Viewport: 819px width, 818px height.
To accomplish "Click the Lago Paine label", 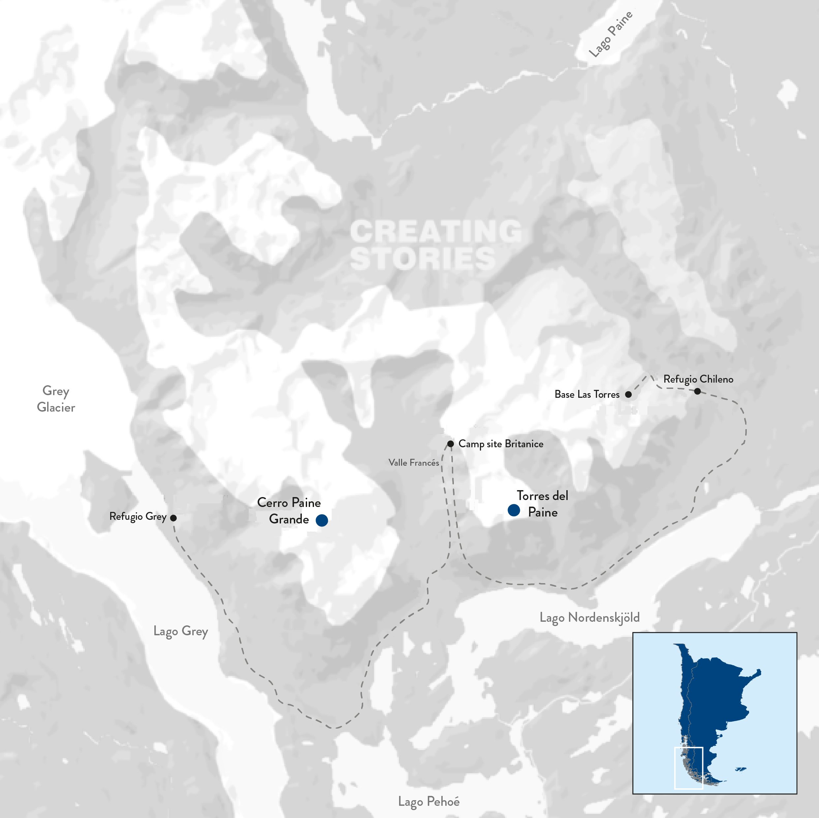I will [x=611, y=34].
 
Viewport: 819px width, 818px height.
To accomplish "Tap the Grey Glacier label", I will [x=56, y=399].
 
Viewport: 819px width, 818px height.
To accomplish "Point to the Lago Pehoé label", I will [x=428, y=802].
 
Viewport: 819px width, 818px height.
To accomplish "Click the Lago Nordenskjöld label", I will [x=589, y=617].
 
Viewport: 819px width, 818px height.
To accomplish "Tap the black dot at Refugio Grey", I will [x=173, y=518].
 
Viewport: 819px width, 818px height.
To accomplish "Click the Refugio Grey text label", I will [x=138, y=516].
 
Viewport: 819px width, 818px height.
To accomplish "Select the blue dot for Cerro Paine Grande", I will [x=322, y=520].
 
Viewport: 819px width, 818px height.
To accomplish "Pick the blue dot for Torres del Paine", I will [x=514, y=510].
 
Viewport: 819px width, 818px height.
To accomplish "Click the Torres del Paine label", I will [x=543, y=504].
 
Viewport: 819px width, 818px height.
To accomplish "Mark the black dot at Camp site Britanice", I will [x=451, y=444].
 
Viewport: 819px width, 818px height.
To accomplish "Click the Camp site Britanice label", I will [x=501, y=444].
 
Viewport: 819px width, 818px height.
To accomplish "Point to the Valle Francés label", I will [x=414, y=463].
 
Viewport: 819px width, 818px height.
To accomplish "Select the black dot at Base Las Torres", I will [x=629, y=394].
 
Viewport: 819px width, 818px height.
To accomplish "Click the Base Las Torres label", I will [x=587, y=394].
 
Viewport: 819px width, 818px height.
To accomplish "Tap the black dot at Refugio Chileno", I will [x=697, y=391].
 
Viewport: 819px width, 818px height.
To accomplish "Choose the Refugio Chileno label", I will [x=698, y=379].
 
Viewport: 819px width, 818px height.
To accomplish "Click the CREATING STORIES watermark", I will [x=436, y=244].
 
